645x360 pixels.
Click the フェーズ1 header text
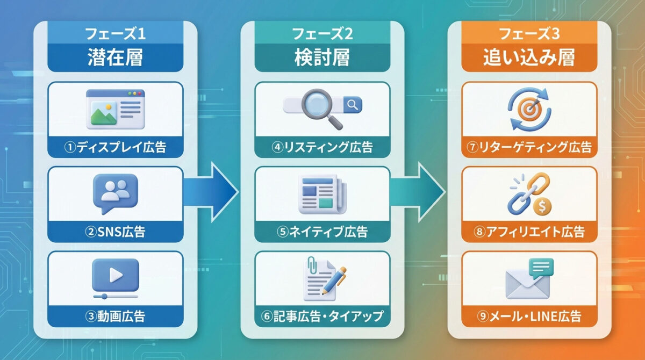116,34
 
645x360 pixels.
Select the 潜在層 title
116,58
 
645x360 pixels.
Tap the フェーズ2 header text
322,34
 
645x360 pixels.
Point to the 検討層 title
322,58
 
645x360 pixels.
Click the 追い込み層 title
529,58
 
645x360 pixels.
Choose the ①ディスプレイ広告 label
116,147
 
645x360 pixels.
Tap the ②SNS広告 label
116,232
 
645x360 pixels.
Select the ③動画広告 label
116,316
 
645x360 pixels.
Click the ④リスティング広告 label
322,147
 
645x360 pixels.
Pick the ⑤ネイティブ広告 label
322,232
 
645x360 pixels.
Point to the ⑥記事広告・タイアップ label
322,316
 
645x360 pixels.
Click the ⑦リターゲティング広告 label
529,147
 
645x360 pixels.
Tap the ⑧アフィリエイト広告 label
529,232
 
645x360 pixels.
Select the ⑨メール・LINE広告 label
529,316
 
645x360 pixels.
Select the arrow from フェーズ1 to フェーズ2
212,191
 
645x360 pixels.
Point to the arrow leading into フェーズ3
419,191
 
